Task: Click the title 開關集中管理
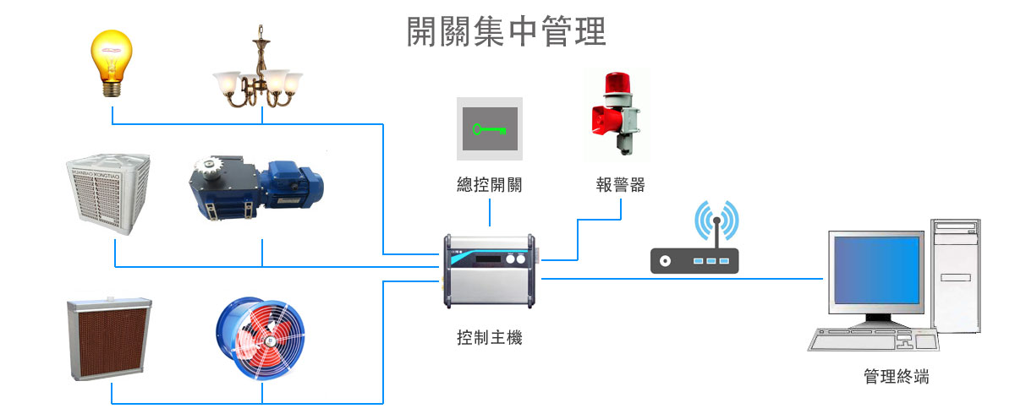click(x=506, y=33)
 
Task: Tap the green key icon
click(x=490, y=129)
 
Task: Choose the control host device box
click(x=489, y=273)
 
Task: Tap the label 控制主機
click(x=489, y=338)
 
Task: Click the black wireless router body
click(x=694, y=260)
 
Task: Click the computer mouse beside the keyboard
click(x=927, y=340)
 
